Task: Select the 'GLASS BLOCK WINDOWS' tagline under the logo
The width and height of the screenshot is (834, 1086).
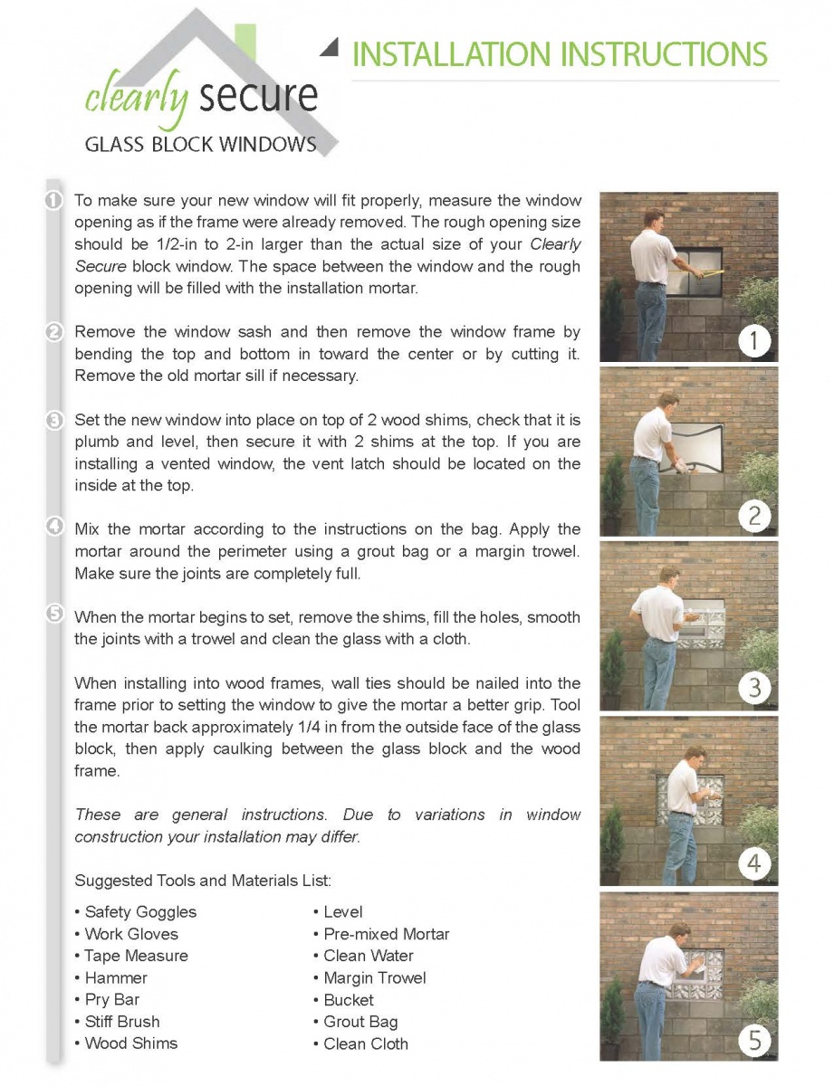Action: click(x=200, y=145)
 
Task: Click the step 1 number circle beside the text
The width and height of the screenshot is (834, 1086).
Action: click(x=54, y=200)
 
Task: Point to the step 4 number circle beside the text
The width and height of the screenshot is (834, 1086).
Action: click(x=54, y=528)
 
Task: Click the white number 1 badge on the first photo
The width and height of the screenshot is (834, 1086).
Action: click(x=753, y=341)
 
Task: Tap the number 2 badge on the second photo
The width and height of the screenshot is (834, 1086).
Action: click(x=753, y=517)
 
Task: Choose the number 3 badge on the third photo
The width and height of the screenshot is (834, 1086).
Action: click(x=753, y=688)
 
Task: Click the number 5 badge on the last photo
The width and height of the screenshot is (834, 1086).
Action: click(x=753, y=1040)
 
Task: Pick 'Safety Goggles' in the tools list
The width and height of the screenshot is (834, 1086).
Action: click(x=140, y=912)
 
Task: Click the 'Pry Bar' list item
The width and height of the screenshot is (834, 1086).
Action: click(x=112, y=1000)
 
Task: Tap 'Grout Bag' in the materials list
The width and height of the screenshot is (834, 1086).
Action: click(x=360, y=1022)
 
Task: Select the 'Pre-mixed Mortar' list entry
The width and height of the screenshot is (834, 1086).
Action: click(x=387, y=934)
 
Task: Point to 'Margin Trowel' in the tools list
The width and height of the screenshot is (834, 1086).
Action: click(x=375, y=978)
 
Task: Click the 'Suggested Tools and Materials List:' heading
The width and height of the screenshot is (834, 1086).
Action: click(x=203, y=881)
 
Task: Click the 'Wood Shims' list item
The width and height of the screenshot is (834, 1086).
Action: click(x=131, y=1043)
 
